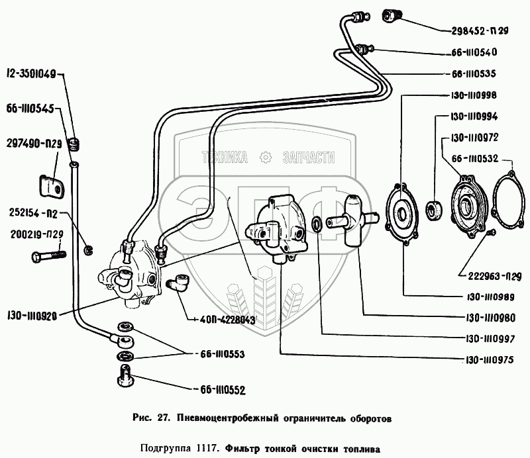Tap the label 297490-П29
coord(34,144)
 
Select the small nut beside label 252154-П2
coord(89,250)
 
